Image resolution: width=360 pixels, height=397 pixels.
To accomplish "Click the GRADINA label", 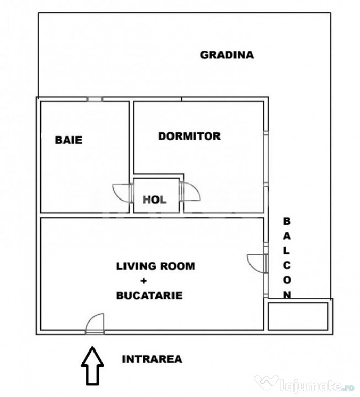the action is tap(227, 55).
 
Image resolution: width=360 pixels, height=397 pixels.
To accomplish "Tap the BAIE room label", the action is tap(69, 140).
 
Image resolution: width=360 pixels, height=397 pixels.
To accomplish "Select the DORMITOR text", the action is tap(189, 136).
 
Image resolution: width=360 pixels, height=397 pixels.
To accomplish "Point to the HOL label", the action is tap(154, 200).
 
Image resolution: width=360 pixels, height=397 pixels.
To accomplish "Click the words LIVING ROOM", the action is tap(155, 266).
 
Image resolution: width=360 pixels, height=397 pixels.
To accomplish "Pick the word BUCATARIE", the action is tap(149, 296).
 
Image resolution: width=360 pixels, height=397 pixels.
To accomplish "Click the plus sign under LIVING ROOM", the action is tap(144, 281).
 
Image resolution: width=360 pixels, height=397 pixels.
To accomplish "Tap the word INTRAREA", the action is tap(152, 359).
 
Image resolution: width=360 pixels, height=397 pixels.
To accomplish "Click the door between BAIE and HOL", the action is tap(122, 193).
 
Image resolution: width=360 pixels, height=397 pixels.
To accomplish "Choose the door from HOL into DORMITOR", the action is tap(190, 192).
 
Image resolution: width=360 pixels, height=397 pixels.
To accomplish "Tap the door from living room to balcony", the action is tap(257, 263).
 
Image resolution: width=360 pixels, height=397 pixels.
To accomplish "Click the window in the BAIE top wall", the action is tap(95, 99).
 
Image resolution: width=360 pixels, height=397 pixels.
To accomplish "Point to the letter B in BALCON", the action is tap(286, 221).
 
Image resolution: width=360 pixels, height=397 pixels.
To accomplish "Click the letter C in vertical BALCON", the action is tap(287, 266).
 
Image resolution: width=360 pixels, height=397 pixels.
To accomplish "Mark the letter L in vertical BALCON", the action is tap(286, 251).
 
